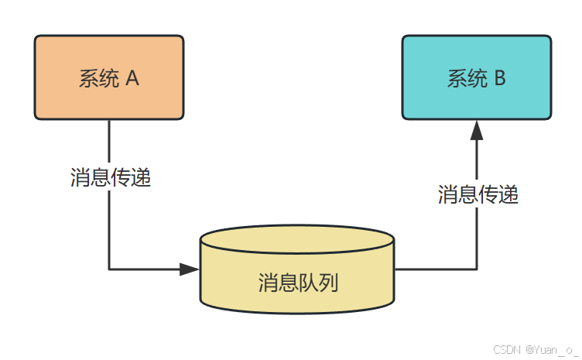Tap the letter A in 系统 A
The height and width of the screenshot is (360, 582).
[132, 78]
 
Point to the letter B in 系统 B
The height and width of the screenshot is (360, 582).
[500, 78]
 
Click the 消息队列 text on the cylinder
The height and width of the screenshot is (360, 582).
[298, 283]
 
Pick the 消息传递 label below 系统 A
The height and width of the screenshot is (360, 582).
[110, 178]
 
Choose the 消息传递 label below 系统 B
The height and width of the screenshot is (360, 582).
[478, 194]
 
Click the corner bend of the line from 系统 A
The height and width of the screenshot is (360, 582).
[109, 269]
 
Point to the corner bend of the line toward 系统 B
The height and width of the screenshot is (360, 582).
[477, 269]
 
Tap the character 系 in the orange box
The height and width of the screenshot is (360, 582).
[89, 78]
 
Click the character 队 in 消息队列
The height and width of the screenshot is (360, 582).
[308, 283]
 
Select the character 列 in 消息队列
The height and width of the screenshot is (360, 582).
[328, 283]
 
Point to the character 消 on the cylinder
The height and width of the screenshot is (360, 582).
[268, 283]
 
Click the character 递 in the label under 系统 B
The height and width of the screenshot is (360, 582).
[508, 194]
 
